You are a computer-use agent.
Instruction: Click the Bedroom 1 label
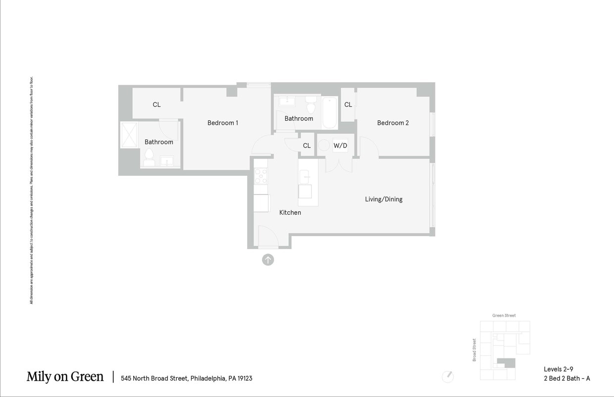coord(222,123)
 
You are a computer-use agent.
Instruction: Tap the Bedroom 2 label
coord(393,123)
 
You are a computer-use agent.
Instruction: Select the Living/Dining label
coord(383,199)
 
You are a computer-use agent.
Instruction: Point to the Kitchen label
coord(290,212)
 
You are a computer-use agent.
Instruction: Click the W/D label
coord(340,146)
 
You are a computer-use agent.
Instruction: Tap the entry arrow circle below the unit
coord(268,259)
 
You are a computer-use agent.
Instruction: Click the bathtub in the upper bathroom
coord(329,112)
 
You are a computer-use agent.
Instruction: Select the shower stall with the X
coord(129,135)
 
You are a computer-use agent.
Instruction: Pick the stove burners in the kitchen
coord(260,176)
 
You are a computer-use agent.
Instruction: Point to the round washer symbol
coord(324,145)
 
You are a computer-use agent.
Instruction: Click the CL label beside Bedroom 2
coord(348,104)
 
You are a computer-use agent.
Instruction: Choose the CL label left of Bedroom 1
coord(156,104)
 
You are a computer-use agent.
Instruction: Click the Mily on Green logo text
coord(65,377)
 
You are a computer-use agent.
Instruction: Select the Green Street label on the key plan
coord(504,315)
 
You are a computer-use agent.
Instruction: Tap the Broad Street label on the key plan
coord(474,350)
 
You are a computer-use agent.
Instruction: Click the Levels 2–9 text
coord(558,369)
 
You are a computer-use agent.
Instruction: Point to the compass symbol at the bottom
coord(448,376)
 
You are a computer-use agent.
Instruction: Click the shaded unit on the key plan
coord(507,363)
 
